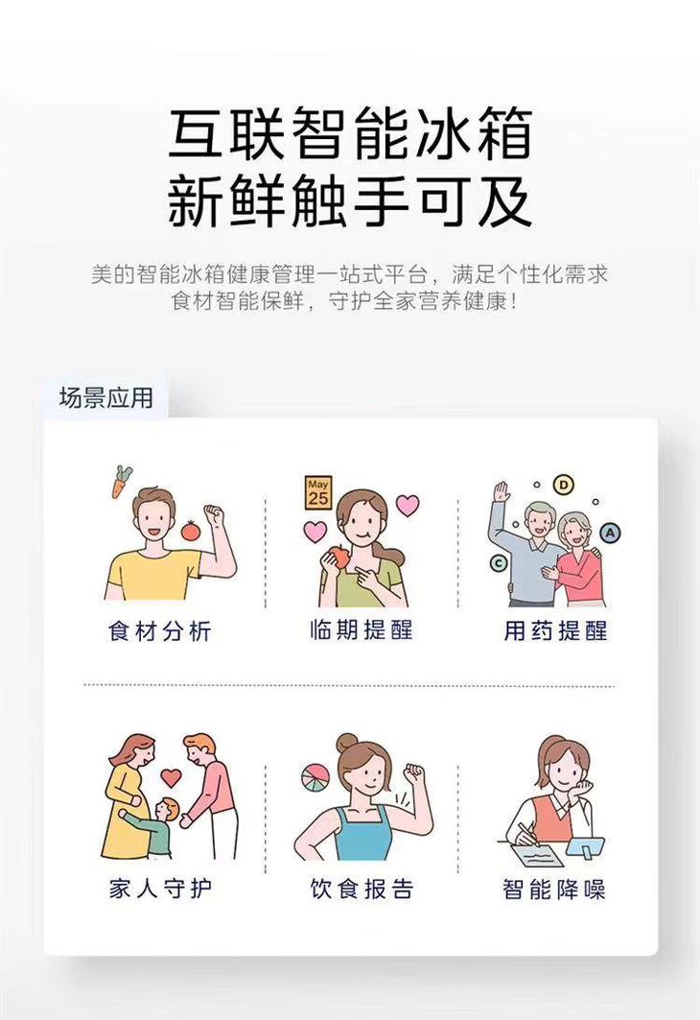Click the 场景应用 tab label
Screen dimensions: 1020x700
tap(105, 397)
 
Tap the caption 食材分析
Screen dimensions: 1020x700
tap(160, 631)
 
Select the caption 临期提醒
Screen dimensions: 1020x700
tap(361, 630)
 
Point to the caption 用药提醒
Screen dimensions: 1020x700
tap(555, 631)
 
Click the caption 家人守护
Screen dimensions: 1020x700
tap(160, 889)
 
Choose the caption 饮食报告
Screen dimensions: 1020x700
tap(361, 889)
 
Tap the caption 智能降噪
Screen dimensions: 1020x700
tap(555, 890)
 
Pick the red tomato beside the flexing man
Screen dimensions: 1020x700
tap(189, 530)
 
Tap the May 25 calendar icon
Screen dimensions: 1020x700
tap(318, 491)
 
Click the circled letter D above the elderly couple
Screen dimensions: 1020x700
tap(564, 485)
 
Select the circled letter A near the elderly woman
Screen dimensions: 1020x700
tap(610, 533)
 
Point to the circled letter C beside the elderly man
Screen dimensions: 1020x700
tap(499, 563)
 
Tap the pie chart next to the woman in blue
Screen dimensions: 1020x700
tap(315, 776)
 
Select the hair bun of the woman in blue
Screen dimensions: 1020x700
tap(346, 743)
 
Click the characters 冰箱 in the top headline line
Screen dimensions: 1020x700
tap(474, 134)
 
